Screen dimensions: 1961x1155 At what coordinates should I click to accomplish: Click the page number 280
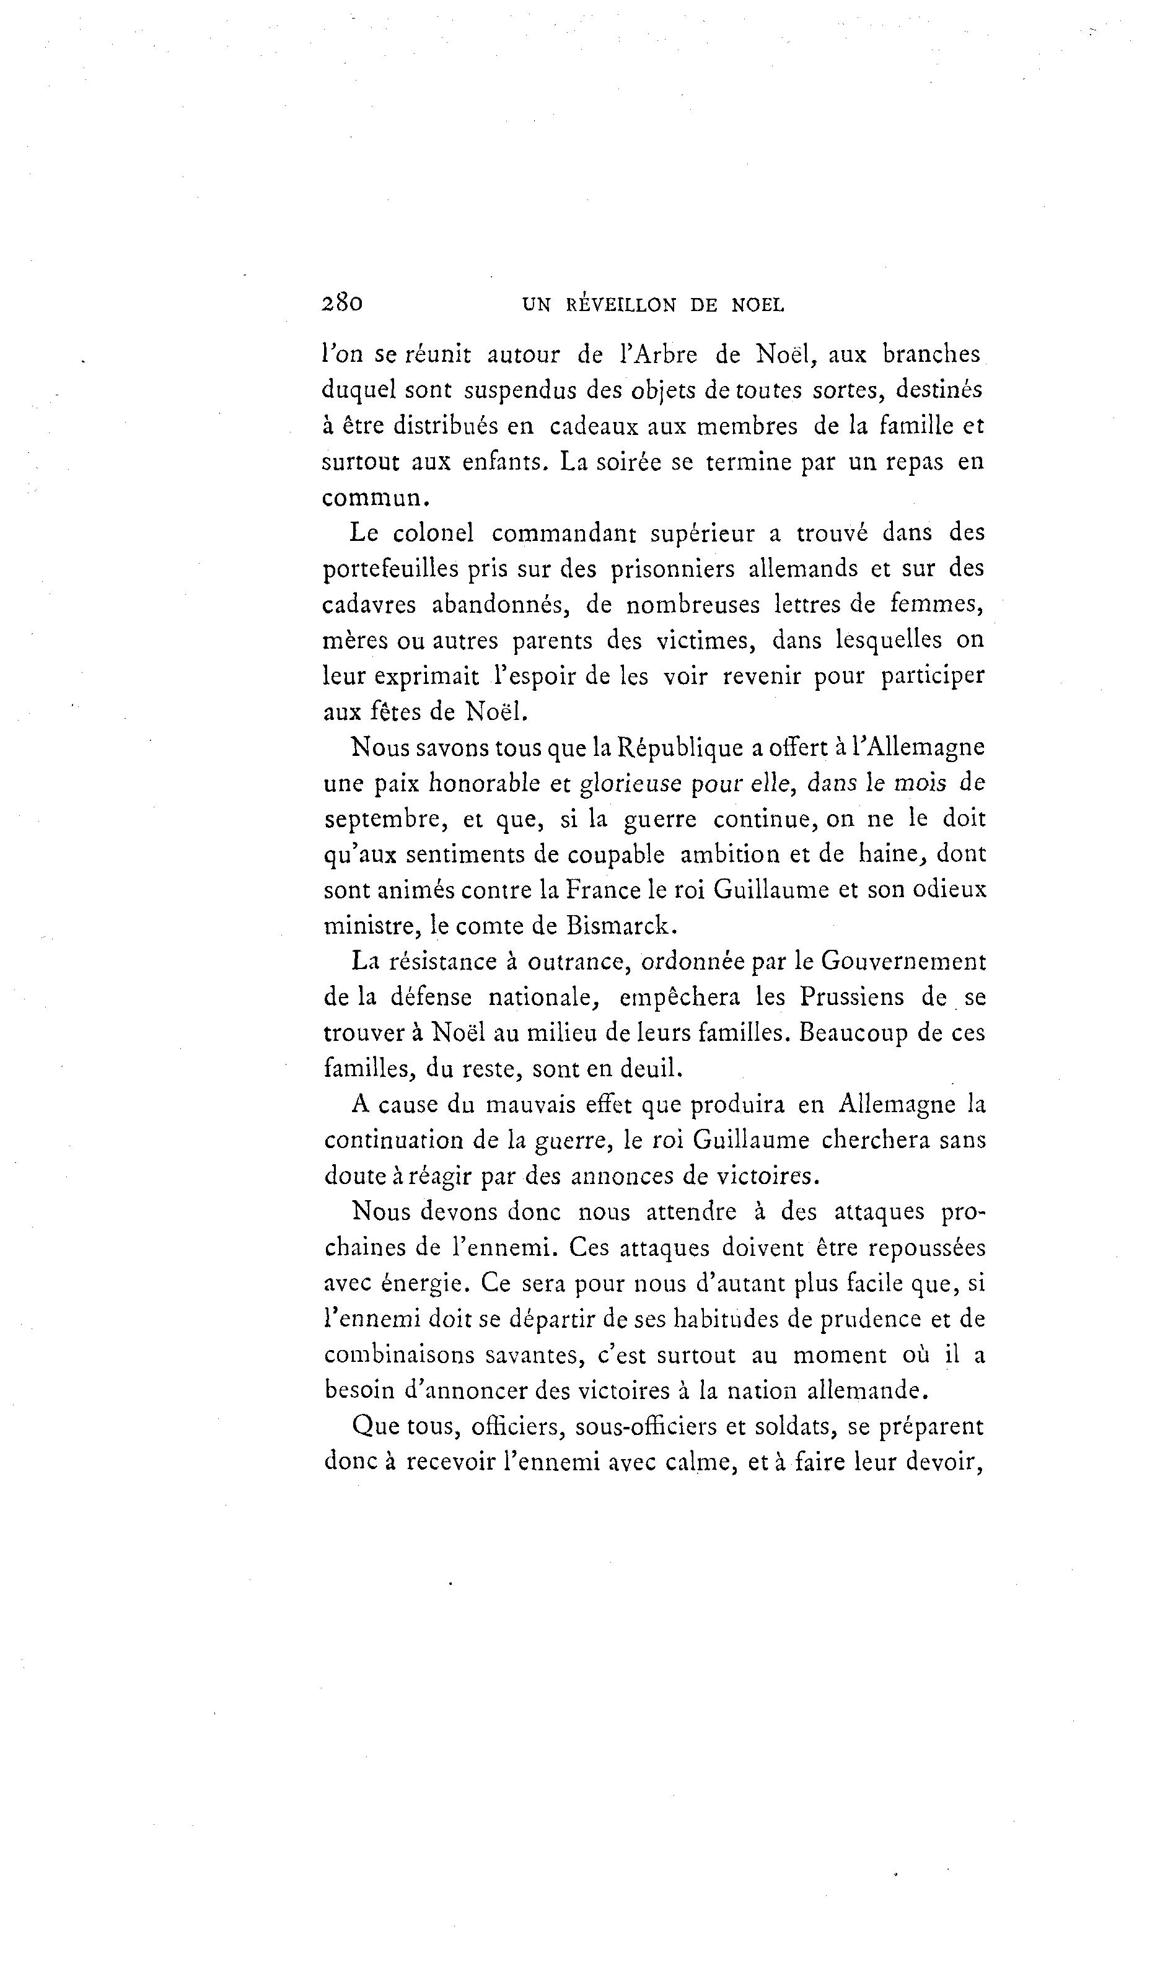pos(341,303)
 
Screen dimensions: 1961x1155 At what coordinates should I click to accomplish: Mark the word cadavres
pos(370,605)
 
